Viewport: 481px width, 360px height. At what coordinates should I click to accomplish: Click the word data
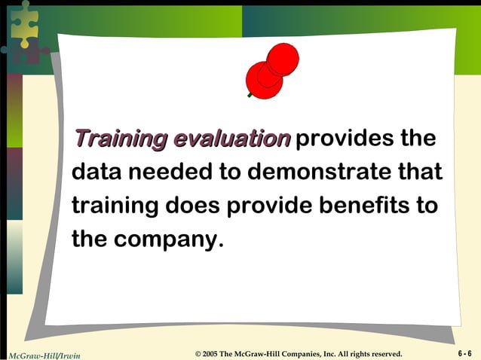[x=97, y=172]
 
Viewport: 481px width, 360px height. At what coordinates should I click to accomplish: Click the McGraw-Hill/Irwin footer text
[x=44, y=354]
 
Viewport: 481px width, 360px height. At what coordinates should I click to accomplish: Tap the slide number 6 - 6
[x=464, y=353]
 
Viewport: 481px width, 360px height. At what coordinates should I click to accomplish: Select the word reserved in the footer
[x=386, y=354]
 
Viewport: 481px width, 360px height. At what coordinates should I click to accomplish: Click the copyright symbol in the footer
[x=198, y=354]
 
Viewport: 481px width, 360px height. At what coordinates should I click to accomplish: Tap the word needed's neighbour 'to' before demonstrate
[x=230, y=172]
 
